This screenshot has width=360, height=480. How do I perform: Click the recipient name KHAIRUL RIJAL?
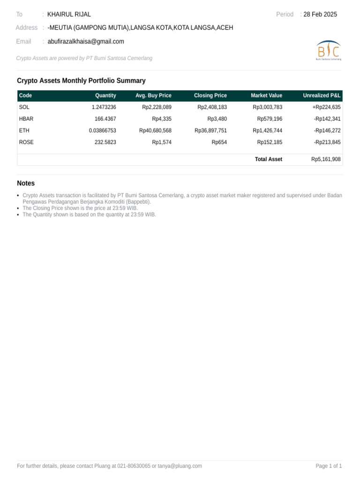coord(69,15)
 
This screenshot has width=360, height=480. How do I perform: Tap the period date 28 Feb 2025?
coord(320,15)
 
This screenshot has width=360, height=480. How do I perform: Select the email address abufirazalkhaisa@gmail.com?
coord(86,41)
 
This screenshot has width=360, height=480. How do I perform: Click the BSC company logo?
coord(329,50)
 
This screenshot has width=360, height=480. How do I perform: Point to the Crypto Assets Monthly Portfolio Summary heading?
coord(81,81)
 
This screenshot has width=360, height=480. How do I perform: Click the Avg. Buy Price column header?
coord(153,96)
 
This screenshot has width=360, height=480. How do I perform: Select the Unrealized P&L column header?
coord(322,96)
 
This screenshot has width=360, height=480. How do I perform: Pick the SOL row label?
coord(24,107)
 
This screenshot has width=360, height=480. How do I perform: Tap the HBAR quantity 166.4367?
coord(105,119)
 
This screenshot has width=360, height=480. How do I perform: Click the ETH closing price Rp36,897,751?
coord(210,131)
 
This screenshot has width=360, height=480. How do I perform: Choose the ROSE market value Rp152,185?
coord(270,142)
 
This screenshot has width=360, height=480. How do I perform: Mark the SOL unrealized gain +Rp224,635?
coord(326,107)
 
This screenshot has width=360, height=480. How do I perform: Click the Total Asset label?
coord(268,159)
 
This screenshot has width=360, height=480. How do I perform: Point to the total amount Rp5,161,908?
coord(326,159)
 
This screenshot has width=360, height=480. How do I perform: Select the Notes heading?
coord(26,183)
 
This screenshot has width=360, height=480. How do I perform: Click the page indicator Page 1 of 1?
coord(329,466)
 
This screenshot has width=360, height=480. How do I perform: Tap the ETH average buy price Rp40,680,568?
coord(155,131)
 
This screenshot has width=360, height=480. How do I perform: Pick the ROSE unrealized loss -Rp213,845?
coord(327,142)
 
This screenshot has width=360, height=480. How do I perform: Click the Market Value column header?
coord(266,96)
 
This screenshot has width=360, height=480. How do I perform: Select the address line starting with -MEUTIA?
coord(140,28)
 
